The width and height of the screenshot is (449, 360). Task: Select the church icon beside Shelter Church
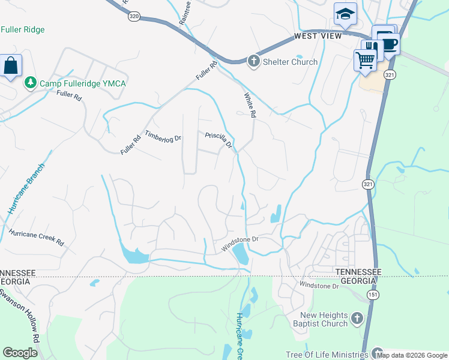tap(253, 61)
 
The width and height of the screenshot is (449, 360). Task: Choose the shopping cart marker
tap(365, 60)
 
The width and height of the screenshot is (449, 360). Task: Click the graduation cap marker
tap(345, 15)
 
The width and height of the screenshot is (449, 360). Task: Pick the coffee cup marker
tap(389, 44)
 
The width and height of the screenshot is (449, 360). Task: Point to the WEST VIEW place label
tap(318, 37)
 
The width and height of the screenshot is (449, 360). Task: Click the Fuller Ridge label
tap(23, 29)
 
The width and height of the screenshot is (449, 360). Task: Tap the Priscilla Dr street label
tap(218, 140)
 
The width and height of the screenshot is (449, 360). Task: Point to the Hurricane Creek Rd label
tap(36, 237)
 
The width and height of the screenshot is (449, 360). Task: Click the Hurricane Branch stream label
tap(26, 189)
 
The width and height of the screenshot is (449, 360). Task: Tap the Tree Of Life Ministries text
tap(327, 355)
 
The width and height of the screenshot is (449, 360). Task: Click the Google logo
tap(20, 353)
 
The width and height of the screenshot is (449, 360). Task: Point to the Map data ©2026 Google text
tap(412, 355)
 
